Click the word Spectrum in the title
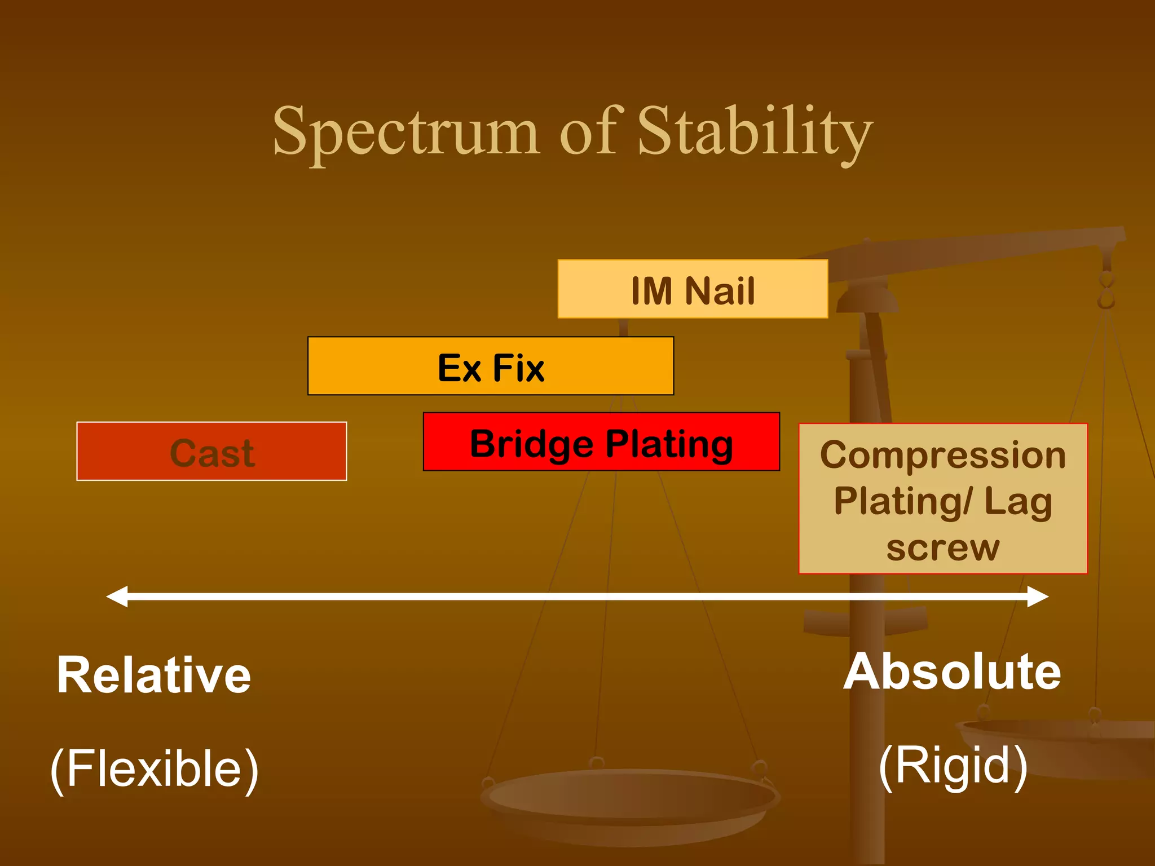tap(406, 132)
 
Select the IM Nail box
tap(693, 289)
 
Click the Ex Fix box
tap(491, 366)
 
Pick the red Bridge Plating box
tap(601, 442)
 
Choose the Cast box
tap(211, 452)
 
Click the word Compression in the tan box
tap(942, 455)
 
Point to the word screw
tap(942, 547)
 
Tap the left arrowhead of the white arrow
tap(117, 597)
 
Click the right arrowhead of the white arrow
tap(1038, 597)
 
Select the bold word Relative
tap(153, 675)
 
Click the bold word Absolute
tap(952, 671)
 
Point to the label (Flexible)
tap(154, 769)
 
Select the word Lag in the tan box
tap(1018, 502)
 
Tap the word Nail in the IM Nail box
tap(720, 291)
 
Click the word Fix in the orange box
tap(518, 368)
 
